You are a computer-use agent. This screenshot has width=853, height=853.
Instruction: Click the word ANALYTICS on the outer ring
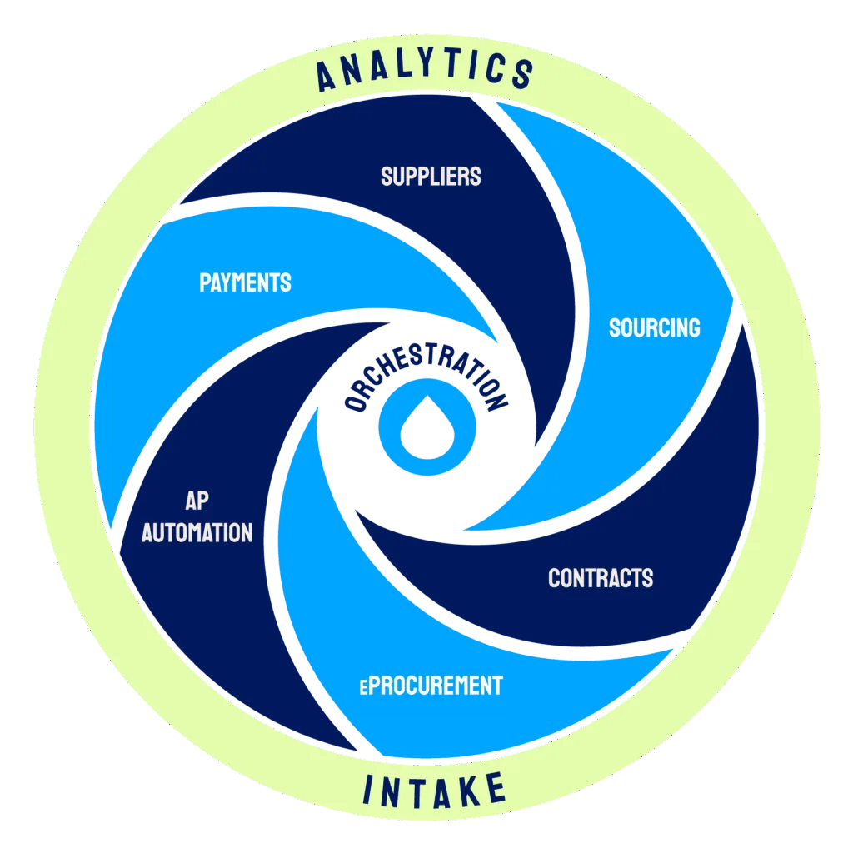[426, 69]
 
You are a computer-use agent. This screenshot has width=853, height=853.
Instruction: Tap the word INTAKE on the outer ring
[433, 789]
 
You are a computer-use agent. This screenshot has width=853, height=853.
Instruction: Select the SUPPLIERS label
[431, 176]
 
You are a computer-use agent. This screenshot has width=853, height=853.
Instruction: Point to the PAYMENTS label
[245, 282]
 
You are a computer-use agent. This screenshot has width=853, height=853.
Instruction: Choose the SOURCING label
[654, 327]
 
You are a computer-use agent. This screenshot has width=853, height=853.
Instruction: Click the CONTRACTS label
[600, 577]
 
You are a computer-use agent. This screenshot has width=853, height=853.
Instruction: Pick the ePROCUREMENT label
[431, 686]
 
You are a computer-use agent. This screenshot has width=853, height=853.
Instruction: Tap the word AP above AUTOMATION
[197, 501]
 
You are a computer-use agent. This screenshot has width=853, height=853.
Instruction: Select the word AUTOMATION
[197, 532]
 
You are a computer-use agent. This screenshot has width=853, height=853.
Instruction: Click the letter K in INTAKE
[461, 790]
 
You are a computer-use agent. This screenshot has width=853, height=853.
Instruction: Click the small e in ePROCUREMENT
[363, 688]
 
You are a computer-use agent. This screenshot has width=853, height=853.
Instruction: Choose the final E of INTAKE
[494, 786]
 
